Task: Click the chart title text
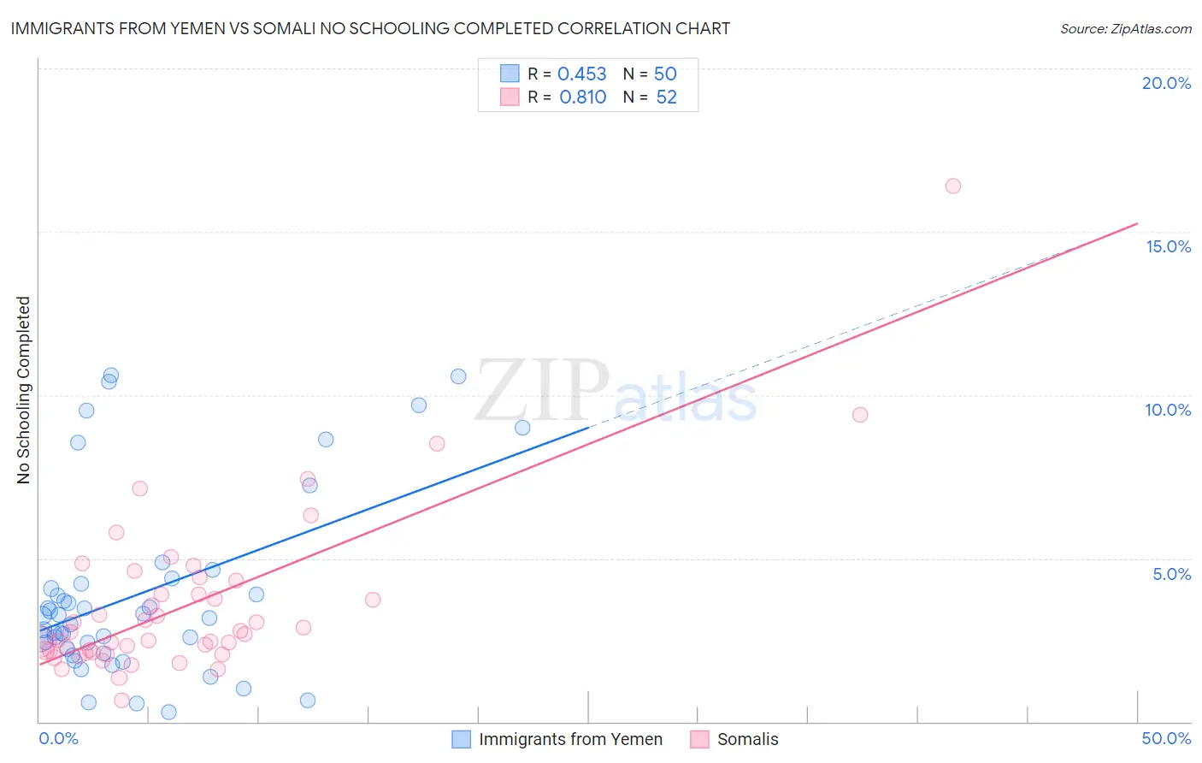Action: (x=370, y=28)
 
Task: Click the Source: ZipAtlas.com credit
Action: (x=1125, y=28)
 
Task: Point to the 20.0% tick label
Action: (x=1166, y=83)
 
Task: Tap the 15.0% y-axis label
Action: (x=1168, y=246)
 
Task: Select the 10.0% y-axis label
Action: (x=1168, y=410)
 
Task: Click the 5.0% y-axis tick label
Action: (x=1171, y=574)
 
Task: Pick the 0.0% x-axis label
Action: (x=58, y=738)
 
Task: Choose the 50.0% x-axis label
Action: (x=1166, y=738)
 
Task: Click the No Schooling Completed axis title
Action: (x=23, y=390)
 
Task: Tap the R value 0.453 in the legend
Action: (x=581, y=74)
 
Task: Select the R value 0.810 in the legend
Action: (x=582, y=98)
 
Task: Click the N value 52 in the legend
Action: (x=666, y=98)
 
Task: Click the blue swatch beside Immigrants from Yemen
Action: (x=461, y=739)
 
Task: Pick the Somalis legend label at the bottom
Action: (x=747, y=739)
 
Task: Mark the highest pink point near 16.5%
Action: (x=953, y=186)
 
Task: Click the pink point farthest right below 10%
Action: (x=860, y=415)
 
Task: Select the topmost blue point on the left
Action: (x=111, y=376)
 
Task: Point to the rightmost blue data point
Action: (x=522, y=428)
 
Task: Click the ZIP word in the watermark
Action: (x=542, y=391)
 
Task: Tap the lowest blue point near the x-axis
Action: (x=169, y=712)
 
